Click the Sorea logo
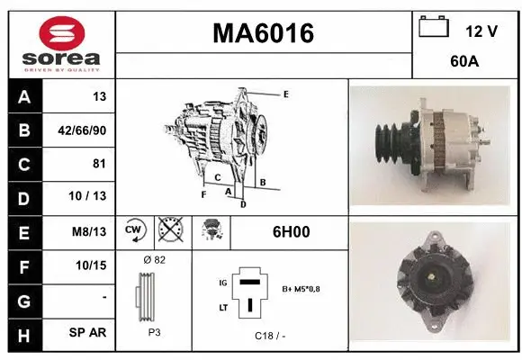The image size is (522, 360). [x=61, y=43]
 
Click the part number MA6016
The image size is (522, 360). [x=263, y=33]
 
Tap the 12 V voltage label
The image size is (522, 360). [x=481, y=31]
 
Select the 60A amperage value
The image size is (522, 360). [x=463, y=64]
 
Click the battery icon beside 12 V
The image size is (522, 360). [x=434, y=27]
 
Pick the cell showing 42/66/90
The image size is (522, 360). [x=82, y=130]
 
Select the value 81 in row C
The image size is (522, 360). [x=98, y=164]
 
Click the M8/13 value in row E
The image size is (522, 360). [x=89, y=231]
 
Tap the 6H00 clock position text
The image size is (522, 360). [x=291, y=231]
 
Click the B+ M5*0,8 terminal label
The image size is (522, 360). [x=302, y=289]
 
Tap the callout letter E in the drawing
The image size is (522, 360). [x=285, y=94]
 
